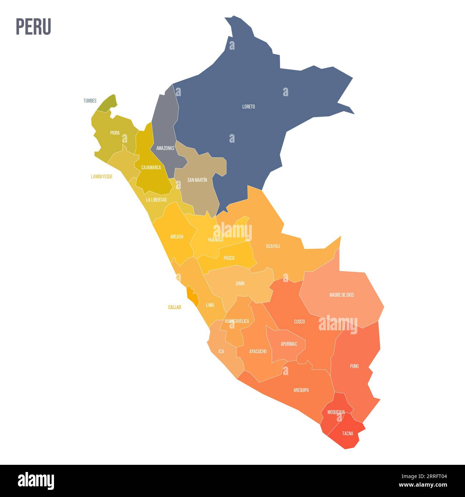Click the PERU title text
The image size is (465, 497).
33,27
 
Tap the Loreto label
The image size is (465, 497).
249,107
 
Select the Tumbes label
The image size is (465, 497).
90,101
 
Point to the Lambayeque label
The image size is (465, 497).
102,177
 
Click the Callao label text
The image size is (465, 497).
175,307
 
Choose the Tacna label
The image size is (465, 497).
347,433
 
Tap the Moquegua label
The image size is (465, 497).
336,412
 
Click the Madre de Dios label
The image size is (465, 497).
342,295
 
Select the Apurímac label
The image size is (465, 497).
289,344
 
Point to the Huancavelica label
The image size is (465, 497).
237,321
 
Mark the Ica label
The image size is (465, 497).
221,351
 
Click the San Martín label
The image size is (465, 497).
197,180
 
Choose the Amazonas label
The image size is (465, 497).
165,148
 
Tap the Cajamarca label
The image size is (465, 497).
151,167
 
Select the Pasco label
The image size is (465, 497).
229,258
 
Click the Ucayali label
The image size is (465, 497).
273,246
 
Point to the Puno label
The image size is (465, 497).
354,366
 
